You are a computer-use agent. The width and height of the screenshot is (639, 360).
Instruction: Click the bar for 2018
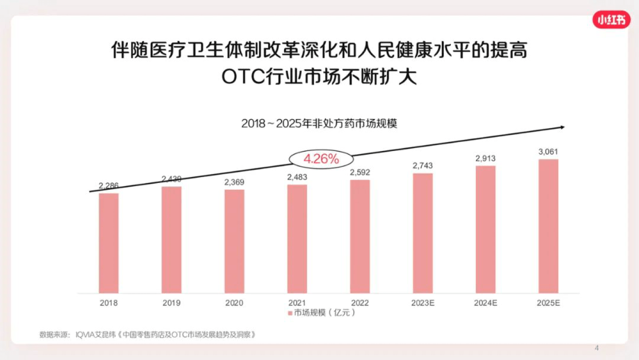pos(109,243)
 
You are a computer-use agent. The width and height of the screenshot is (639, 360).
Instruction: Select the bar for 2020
pos(234,241)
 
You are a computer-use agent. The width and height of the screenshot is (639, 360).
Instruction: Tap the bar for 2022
pos(360,237)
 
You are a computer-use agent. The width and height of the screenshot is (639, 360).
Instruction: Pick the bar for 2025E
pos(548,226)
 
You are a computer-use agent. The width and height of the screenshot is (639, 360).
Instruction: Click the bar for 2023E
pos(423,233)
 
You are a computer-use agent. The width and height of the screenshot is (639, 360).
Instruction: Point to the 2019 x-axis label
pos(172,303)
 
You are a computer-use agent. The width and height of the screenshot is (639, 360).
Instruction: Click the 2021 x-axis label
pos(297,303)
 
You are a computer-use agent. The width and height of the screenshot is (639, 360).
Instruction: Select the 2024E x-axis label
pos(485,303)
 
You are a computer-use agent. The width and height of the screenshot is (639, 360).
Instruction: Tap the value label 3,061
pos(548,152)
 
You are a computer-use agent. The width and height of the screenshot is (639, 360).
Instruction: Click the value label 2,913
pos(485,158)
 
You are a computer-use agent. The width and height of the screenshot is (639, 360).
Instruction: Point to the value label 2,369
pos(234,182)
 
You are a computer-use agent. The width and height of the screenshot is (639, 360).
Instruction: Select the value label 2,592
pos(360,172)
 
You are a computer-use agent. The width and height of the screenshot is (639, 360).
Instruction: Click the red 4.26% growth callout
pos(321,158)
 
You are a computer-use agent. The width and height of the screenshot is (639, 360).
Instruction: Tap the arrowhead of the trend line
pos(562,127)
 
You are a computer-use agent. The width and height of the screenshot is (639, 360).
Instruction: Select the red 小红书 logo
pos(611,20)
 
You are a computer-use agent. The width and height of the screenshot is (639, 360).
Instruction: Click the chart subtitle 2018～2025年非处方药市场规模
pos(319,123)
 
